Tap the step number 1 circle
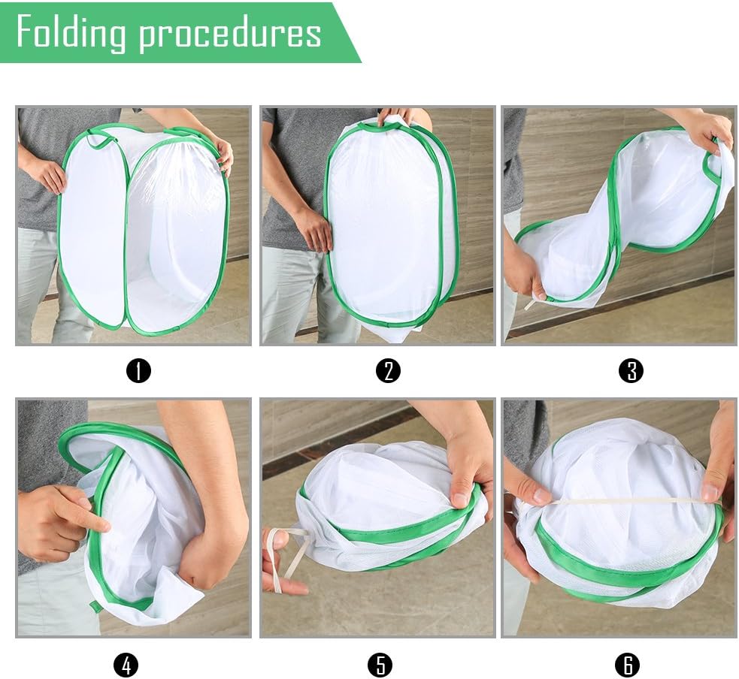point(138,371)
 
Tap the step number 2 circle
point(388,371)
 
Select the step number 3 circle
point(631,371)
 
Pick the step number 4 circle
point(126,664)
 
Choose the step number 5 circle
point(380,664)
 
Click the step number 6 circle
point(627,664)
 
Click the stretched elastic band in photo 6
point(616,499)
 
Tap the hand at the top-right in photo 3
point(707,131)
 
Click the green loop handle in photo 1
point(98,140)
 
